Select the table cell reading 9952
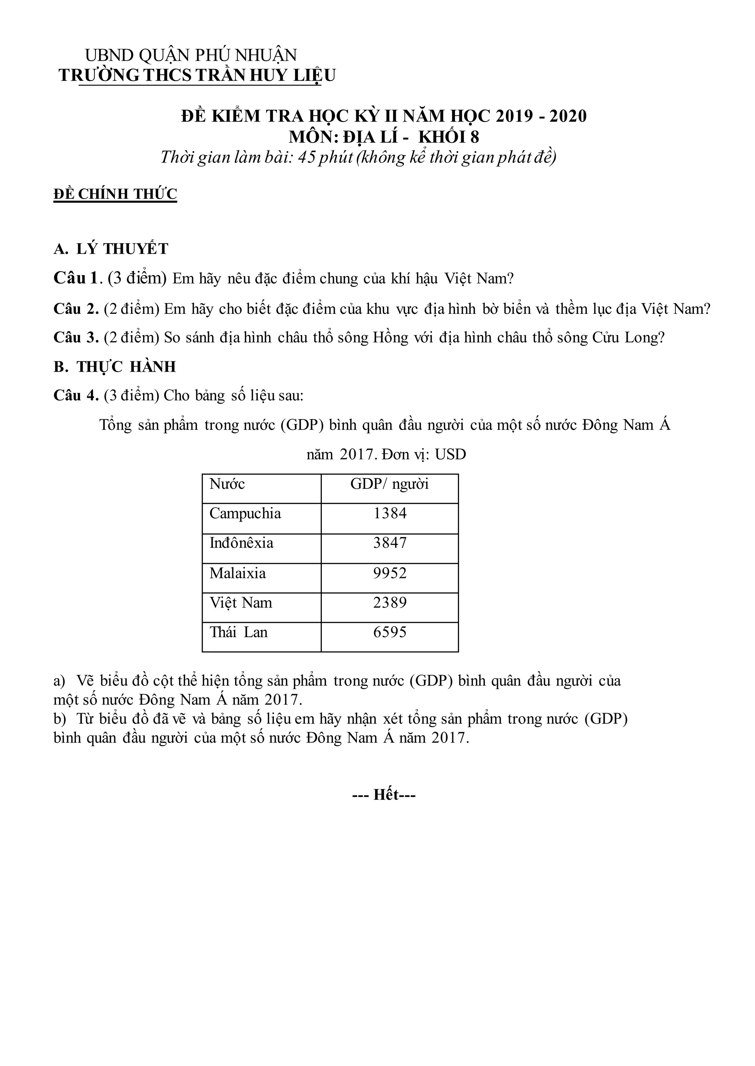click(390, 573)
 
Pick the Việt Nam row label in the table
click(240, 603)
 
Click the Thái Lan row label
click(239, 632)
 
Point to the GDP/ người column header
click(390, 484)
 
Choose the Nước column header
click(227, 484)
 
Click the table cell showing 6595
click(390, 632)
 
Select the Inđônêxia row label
click(241, 543)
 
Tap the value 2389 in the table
click(390, 603)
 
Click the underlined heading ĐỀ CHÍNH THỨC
click(115, 194)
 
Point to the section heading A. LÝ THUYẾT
click(111, 249)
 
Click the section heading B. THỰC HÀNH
click(115, 367)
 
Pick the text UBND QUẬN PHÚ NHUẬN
click(191, 55)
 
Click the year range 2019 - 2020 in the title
click(541, 116)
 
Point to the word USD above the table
click(450, 454)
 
